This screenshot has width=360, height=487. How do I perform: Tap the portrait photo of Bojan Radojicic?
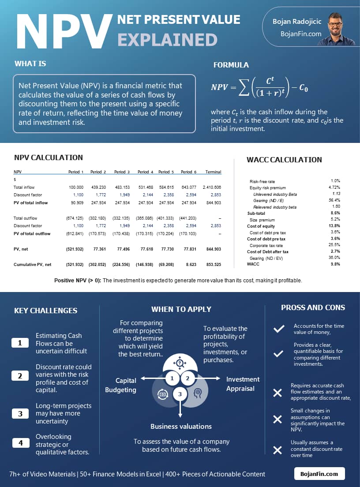[342, 29]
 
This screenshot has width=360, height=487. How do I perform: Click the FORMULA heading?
[231, 65]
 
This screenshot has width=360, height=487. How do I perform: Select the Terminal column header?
[213, 172]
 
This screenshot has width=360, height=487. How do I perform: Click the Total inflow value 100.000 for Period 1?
[76, 187]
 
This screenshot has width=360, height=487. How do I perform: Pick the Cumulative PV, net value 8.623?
[188, 265]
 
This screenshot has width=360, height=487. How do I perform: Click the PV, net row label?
[21, 249]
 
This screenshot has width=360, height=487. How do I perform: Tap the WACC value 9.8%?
[335, 264]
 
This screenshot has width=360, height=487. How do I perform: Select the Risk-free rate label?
[262, 181]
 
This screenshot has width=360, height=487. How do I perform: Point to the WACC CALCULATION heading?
[284, 160]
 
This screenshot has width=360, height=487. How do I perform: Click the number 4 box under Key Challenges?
[20, 442]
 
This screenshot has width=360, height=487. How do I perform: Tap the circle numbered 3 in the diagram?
[180, 394]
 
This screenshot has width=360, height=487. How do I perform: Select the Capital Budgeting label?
[120, 385]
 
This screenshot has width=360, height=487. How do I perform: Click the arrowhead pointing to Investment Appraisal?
[217, 378]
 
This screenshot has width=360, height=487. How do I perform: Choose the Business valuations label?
[181, 427]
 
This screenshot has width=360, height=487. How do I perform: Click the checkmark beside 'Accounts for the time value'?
[278, 329]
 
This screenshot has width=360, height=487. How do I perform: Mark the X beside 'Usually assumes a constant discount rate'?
[277, 450]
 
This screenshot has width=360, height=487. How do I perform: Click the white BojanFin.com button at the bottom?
[319, 474]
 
